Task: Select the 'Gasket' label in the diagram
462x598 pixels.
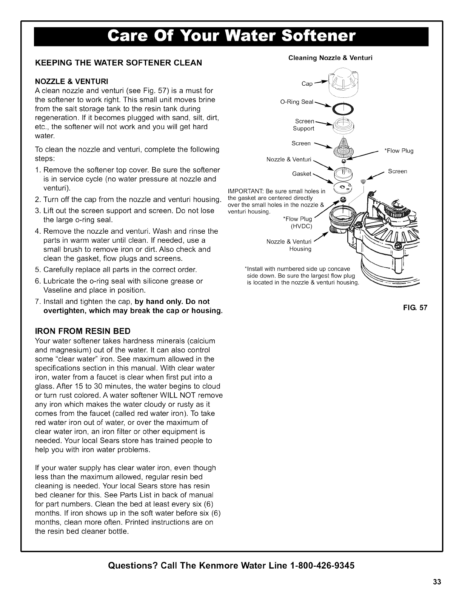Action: tap(302, 174)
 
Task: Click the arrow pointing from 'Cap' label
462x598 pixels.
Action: tap(321, 81)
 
